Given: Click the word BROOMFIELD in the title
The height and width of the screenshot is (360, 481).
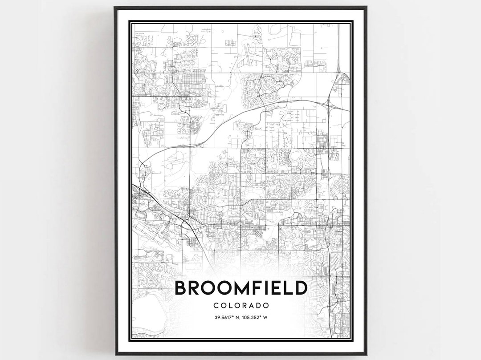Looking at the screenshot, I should (240, 288).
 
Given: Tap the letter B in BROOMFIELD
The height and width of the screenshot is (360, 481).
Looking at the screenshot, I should (180, 288).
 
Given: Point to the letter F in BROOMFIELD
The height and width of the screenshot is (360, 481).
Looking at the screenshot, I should (256, 288).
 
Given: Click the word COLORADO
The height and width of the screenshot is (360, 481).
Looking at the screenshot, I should (240, 306).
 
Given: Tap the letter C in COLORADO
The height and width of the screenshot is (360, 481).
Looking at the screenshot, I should (216, 306).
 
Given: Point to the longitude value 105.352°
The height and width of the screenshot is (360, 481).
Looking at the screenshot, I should (253, 317).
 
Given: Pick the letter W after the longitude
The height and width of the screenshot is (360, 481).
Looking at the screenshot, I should (265, 317).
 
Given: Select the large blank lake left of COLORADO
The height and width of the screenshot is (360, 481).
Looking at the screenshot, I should (149, 311).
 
